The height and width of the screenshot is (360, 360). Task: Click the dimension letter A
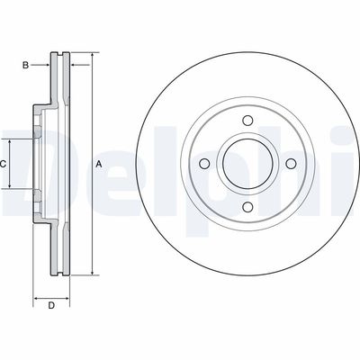tap(99, 164)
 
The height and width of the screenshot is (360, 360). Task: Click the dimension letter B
tap(26, 65)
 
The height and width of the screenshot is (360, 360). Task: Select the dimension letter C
tap(3, 164)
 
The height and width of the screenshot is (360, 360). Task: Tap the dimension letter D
tap(51, 306)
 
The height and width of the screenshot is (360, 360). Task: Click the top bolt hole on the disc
tap(247, 121)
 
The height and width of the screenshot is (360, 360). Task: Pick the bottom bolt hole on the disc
tap(247, 207)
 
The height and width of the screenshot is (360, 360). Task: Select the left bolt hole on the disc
tap(204, 164)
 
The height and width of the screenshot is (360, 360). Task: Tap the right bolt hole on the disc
tap(291, 164)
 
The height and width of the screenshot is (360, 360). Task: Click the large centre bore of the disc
tap(247, 164)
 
